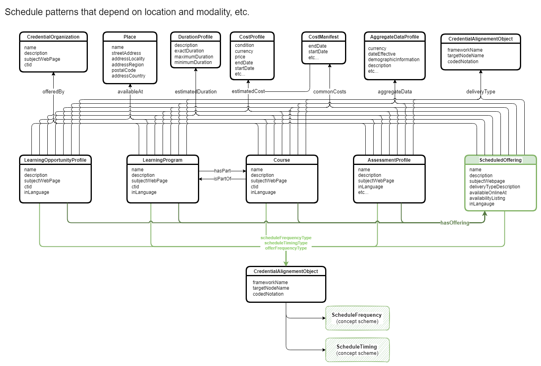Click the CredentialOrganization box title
pyautogui.click(x=53, y=37)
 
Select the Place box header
pyautogui.click(x=130, y=37)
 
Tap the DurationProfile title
pyautogui.click(x=195, y=37)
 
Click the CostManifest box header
pyautogui.click(x=324, y=37)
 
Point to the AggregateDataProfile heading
pyautogui.click(x=394, y=37)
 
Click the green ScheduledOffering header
pyautogui.click(x=500, y=160)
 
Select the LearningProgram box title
pyautogui.click(x=163, y=160)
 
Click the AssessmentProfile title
pyautogui.click(x=389, y=160)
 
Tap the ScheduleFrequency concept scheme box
pyautogui.click(x=357, y=318)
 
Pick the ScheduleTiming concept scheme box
pyautogui.click(x=357, y=350)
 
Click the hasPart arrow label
pyautogui.click(x=222, y=171)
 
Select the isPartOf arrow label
pyautogui.click(x=222, y=179)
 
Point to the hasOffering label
pyautogui.click(x=455, y=223)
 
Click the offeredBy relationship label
pyautogui.click(x=53, y=92)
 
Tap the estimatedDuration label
pyautogui.click(x=196, y=92)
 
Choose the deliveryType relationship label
pyautogui.click(x=481, y=92)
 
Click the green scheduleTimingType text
pyautogui.click(x=286, y=243)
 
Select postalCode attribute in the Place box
pyautogui.click(x=124, y=70)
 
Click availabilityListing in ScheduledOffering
pyautogui.click(x=487, y=198)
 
